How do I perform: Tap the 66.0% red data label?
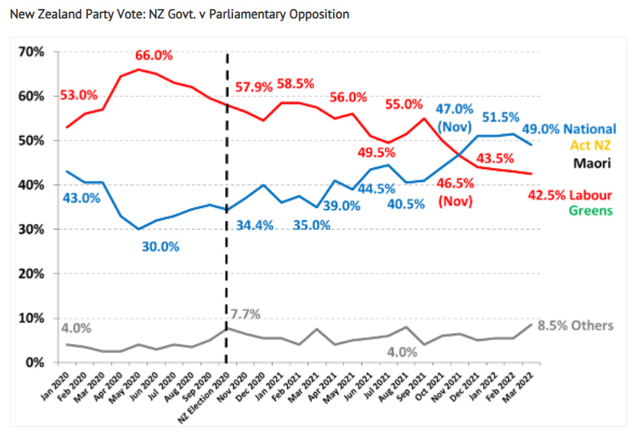click(x=154, y=55)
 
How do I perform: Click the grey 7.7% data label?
click(x=245, y=313)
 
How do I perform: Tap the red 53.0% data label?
click(x=79, y=96)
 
